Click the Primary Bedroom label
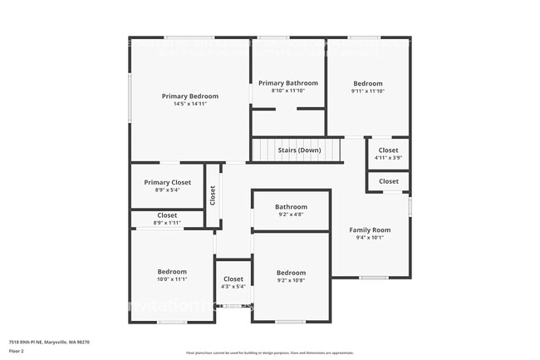(x=190, y=96)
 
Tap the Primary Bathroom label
(x=288, y=83)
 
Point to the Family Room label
(x=370, y=229)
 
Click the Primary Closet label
(x=168, y=182)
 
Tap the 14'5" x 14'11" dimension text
(x=190, y=104)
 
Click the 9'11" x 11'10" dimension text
(x=368, y=91)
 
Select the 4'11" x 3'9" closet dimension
(x=388, y=157)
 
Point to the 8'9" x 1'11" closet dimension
(x=167, y=223)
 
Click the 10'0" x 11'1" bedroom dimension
(x=172, y=279)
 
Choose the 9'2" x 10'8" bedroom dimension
(x=291, y=281)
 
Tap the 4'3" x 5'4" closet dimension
(x=233, y=287)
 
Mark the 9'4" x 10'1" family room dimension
(x=370, y=238)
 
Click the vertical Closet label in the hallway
(x=213, y=195)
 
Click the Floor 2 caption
(x=16, y=351)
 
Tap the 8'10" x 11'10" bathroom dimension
(x=288, y=91)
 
